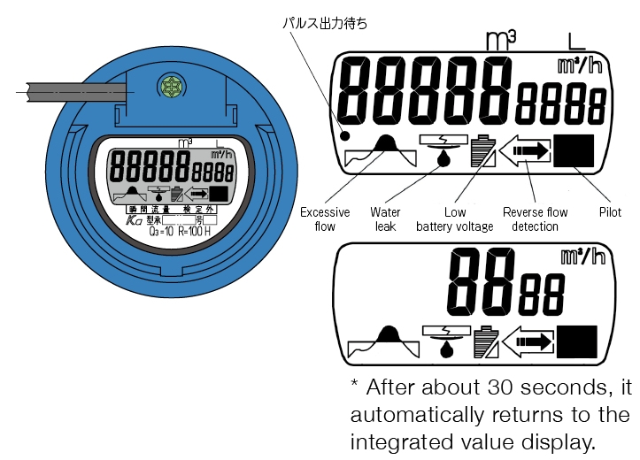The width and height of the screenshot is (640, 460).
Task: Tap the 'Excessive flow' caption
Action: point(325,219)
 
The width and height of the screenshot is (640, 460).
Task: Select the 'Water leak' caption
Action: point(386,219)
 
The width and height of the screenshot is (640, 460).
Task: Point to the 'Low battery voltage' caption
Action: point(455,219)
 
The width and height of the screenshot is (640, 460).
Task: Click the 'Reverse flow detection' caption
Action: point(536,219)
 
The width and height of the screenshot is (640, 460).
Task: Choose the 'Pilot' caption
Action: point(609,212)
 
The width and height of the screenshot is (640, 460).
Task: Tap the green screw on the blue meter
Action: point(166,86)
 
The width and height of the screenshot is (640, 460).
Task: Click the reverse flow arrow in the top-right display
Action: point(525,152)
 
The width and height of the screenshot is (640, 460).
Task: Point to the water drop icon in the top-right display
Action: point(442,157)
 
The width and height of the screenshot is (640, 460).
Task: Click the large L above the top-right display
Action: point(575,39)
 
